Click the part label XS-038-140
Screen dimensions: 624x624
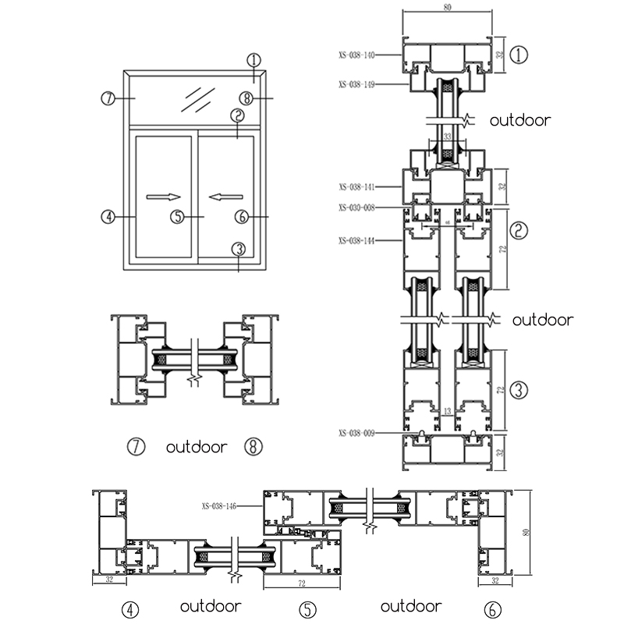click(357, 55)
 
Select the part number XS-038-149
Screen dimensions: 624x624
click(357, 83)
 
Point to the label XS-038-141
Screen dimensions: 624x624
click(357, 187)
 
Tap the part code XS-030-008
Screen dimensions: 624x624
click(357, 207)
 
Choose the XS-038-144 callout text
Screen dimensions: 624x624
click(357, 241)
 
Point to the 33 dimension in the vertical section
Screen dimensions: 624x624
click(448, 136)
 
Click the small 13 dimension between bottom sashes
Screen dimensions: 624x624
click(446, 411)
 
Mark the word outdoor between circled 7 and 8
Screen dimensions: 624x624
click(197, 447)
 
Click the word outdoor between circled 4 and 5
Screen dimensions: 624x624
click(211, 606)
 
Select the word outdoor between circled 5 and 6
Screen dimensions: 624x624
click(411, 606)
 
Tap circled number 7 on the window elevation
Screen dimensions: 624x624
click(108, 98)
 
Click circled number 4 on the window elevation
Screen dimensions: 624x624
click(108, 217)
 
